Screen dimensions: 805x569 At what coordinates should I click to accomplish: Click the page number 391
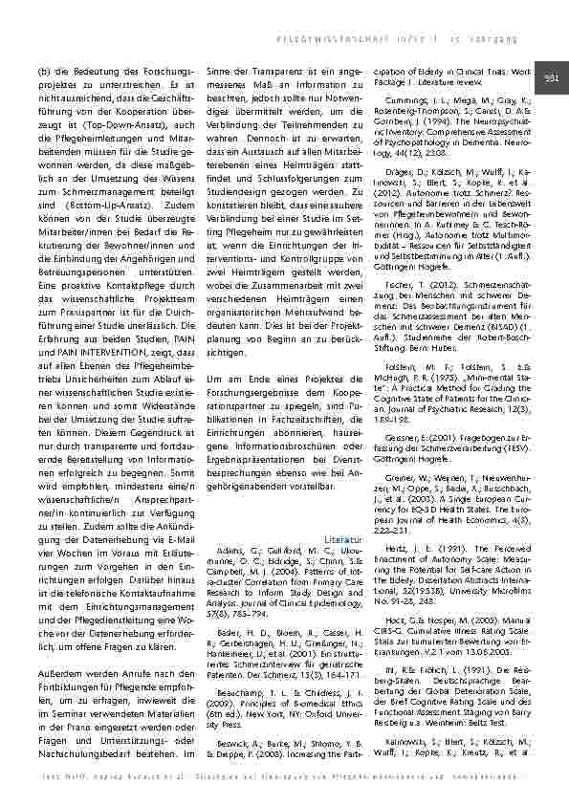pyautogui.click(x=551, y=77)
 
